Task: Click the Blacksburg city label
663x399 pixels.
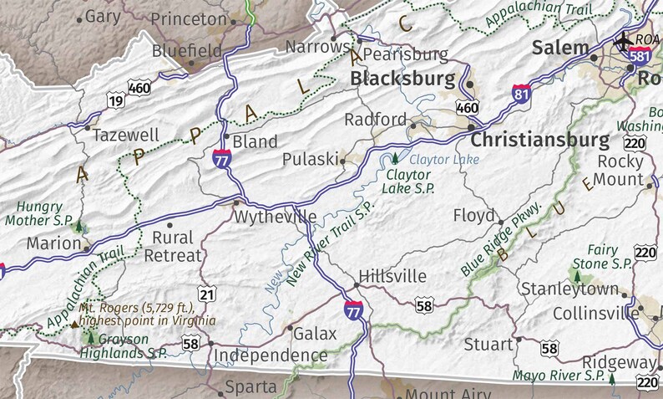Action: click(x=402, y=79)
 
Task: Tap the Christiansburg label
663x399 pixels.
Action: click(x=539, y=139)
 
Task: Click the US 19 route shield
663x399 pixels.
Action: click(x=115, y=101)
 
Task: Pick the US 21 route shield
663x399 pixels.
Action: click(x=209, y=294)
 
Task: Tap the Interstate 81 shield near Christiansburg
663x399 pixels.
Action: click(x=522, y=94)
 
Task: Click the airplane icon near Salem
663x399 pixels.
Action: click(x=623, y=39)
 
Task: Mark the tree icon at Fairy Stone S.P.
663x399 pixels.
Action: click(x=576, y=274)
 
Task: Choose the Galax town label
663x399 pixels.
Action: click(x=315, y=334)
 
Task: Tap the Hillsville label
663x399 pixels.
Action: click(x=392, y=276)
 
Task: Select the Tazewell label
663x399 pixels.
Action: click(x=126, y=135)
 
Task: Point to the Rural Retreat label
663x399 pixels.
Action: click(x=173, y=247)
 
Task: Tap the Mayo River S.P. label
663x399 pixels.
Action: click(x=559, y=375)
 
